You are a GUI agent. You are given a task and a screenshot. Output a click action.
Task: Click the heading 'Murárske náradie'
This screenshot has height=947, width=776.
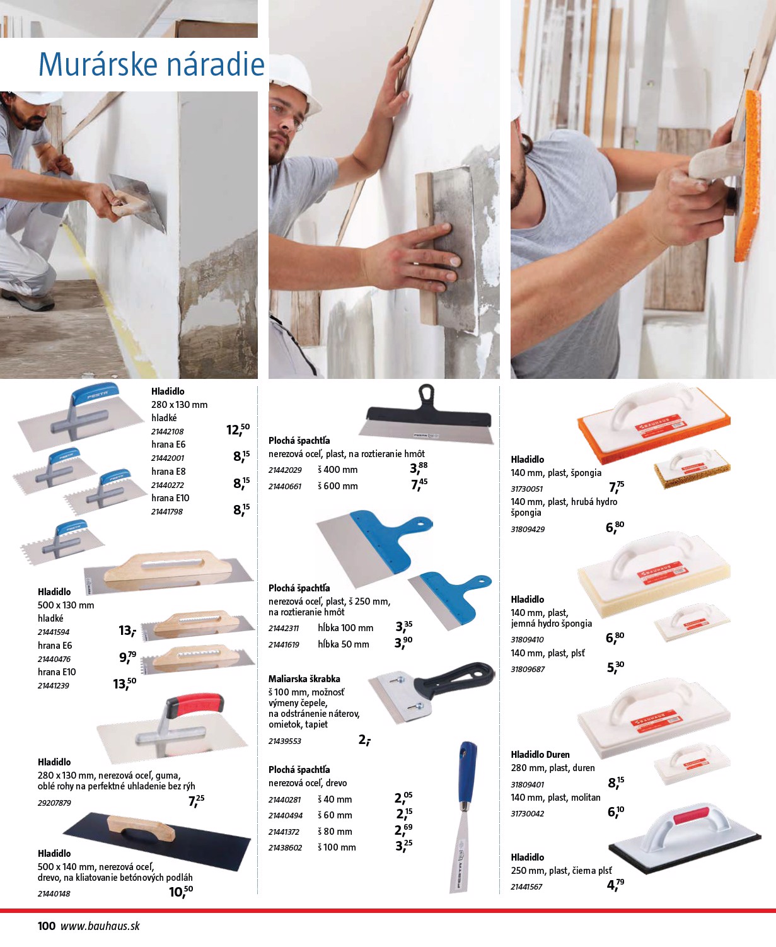151,64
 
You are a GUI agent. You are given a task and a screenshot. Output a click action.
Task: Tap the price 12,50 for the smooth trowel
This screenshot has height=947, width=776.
238,429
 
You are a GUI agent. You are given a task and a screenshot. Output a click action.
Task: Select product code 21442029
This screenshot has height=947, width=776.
285,470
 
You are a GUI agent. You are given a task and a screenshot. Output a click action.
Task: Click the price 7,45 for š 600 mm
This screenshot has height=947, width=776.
419,484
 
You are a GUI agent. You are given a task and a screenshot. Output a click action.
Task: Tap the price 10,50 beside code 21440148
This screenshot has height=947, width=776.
181,892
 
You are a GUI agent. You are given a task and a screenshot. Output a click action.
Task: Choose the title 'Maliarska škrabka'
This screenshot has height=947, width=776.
304,679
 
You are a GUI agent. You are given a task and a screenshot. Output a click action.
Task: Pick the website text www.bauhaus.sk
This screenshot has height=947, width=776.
100,926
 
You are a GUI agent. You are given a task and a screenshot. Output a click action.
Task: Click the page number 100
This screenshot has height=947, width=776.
46,926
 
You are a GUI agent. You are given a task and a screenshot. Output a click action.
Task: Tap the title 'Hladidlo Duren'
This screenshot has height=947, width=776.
540,754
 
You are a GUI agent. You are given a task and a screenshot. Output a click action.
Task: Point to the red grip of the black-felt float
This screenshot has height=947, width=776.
690,815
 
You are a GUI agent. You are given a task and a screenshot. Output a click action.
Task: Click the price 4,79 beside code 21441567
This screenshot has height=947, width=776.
615,885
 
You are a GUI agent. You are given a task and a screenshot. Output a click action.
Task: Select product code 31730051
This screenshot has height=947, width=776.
527,489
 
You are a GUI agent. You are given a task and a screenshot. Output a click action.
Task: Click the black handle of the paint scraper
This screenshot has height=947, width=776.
454,680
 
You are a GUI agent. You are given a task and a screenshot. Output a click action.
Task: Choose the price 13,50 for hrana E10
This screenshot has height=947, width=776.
124,683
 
